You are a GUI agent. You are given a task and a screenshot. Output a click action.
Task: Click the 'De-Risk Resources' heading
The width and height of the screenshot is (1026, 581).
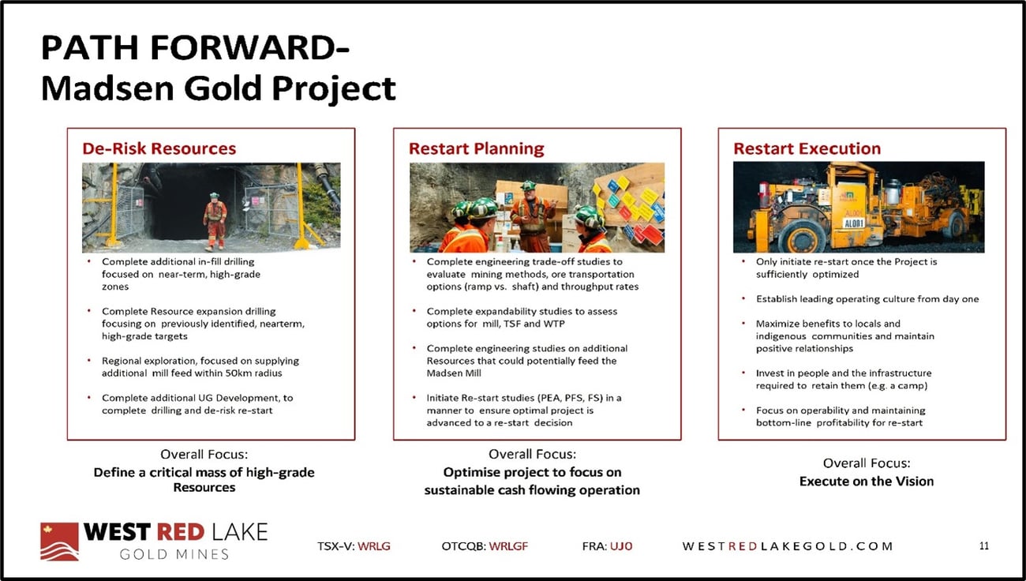(159, 148)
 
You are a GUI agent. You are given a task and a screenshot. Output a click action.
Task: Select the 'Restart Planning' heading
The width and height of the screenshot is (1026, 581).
(477, 148)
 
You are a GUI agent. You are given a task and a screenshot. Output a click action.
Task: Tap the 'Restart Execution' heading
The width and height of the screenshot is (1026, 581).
(807, 148)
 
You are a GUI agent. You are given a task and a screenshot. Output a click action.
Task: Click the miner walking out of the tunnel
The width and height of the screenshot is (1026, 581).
(215, 221)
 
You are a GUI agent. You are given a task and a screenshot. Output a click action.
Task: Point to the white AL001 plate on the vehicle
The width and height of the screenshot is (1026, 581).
(854, 223)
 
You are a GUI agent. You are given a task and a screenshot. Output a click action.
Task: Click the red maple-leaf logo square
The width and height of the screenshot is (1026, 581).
(59, 542)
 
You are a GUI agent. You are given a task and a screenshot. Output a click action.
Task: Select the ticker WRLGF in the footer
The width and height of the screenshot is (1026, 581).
(508, 546)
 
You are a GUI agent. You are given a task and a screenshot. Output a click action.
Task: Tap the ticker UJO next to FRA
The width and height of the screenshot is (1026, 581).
(621, 546)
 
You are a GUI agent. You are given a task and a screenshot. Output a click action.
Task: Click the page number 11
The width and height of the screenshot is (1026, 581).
(984, 545)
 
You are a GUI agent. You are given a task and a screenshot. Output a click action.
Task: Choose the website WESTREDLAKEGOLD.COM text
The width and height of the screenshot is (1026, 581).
(788, 546)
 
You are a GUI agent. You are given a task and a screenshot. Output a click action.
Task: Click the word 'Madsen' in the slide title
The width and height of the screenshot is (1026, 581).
(107, 88)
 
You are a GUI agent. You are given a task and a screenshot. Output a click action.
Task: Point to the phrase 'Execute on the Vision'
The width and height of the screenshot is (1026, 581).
(866, 481)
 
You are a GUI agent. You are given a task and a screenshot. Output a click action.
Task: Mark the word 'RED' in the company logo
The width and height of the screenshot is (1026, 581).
(180, 532)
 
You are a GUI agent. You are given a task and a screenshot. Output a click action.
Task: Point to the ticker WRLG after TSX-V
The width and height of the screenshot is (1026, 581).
(374, 546)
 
